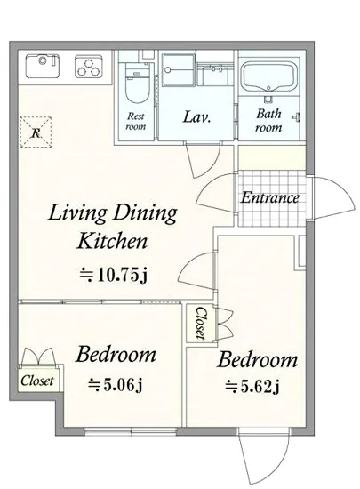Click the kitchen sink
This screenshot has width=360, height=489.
point(43,66)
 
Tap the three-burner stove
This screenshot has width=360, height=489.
point(89,67)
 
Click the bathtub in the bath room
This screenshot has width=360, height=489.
point(268,76)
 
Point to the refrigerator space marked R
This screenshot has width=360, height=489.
point(36,132)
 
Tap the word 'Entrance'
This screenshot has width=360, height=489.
point(270,197)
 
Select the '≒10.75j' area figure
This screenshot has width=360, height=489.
point(113,276)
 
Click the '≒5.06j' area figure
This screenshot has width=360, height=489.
point(116,385)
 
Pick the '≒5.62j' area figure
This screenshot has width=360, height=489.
point(252,387)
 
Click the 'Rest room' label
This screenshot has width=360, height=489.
point(136,121)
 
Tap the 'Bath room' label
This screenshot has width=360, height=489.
point(268,120)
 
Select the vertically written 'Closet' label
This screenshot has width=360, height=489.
point(201,324)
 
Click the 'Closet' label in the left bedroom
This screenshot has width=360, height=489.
point(37,381)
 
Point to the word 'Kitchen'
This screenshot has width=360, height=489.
point(112,241)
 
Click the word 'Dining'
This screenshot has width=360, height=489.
point(145,213)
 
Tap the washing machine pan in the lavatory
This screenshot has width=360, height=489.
point(179,69)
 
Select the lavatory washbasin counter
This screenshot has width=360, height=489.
point(215,74)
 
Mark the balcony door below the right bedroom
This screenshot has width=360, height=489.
point(264,457)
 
